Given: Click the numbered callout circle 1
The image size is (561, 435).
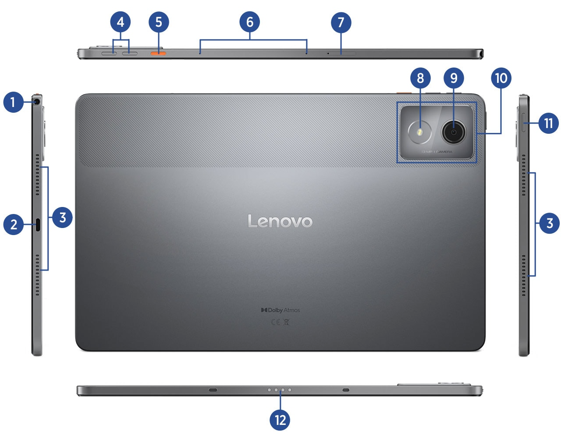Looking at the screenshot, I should click(x=13, y=102).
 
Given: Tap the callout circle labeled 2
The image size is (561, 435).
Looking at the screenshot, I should click(x=13, y=224).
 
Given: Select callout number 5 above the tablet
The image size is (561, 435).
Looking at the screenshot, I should click(x=159, y=22).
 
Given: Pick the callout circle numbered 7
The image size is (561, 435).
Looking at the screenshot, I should click(x=341, y=22).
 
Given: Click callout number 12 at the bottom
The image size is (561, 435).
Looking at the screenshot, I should click(x=280, y=420).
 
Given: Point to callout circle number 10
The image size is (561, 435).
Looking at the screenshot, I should click(x=501, y=78).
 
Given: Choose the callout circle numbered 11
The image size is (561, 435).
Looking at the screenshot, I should click(x=548, y=123).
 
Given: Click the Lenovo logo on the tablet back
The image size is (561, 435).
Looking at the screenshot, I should click(x=280, y=221).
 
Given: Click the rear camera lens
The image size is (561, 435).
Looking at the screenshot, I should click(x=454, y=132).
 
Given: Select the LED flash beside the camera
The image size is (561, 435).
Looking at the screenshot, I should click(x=420, y=132).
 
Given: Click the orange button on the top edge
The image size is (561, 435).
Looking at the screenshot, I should click(x=158, y=53).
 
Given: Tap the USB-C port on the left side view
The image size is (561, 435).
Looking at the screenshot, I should click(x=38, y=225).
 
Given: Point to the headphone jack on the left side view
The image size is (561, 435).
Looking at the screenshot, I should click(x=37, y=102).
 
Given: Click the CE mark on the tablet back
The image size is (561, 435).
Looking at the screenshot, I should click(x=275, y=322).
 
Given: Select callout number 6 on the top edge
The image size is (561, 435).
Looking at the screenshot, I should click(x=250, y=22).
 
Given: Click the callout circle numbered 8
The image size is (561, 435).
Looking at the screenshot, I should click(x=420, y=78).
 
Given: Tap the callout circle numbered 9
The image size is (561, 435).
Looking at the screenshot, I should click(x=454, y=78).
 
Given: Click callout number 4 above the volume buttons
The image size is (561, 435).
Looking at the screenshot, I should click(x=121, y=22).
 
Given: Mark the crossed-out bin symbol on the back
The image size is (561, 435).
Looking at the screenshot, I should click(x=287, y=322).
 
